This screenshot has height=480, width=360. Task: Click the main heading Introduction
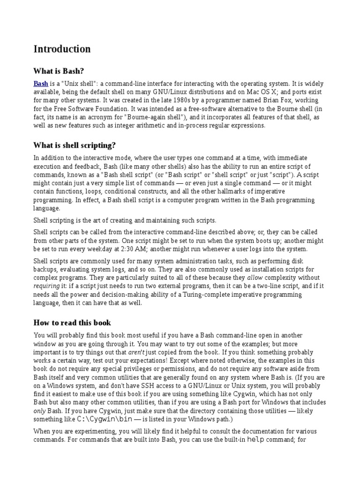[x=62, y=49]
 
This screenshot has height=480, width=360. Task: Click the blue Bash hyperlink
[x=41, y=83]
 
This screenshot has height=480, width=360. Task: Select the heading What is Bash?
[x=59, y=71]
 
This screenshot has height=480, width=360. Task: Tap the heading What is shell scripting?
[x=75, y=145]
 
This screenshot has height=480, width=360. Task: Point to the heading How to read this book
[x=72, y=322]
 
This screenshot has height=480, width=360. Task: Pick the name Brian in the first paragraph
[x=255, y=100]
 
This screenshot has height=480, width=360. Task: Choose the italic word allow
[x=255, y=278]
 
